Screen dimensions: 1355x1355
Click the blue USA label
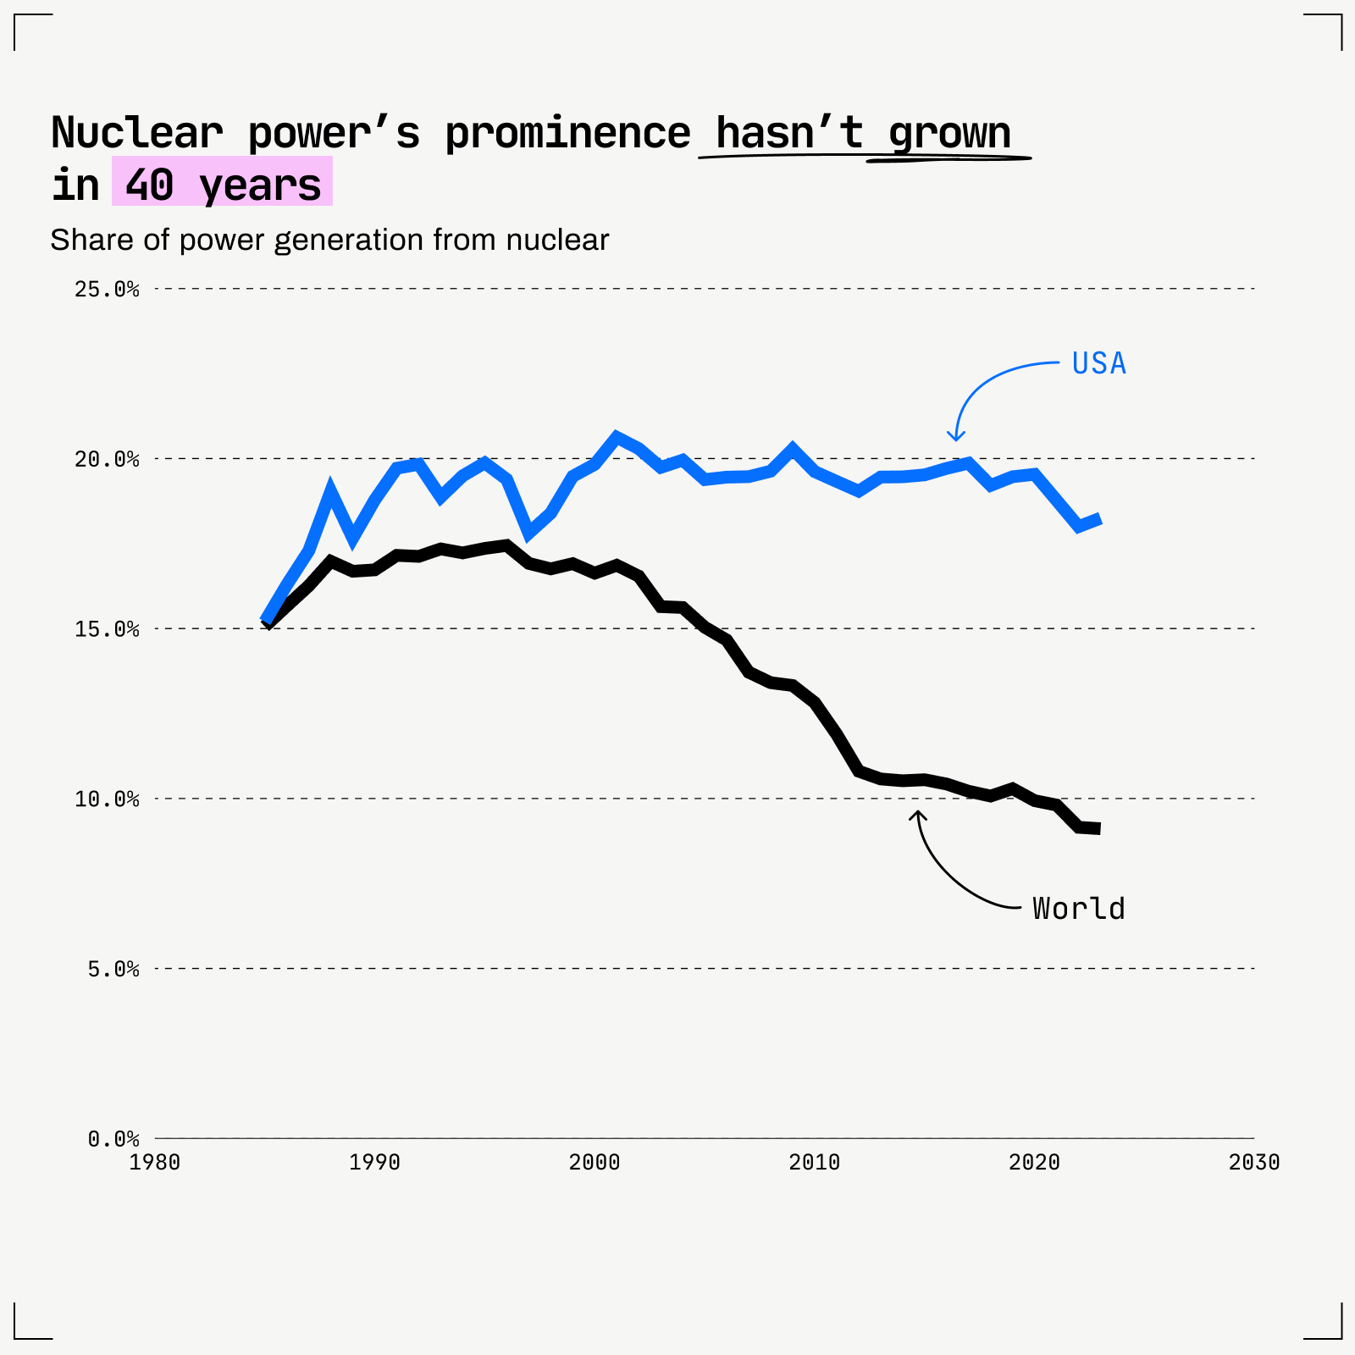[1098, 363]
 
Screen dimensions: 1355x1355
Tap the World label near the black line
[1078, 909]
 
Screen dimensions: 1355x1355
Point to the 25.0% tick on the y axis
[107, 290]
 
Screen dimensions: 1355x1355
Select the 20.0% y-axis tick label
[107, 459]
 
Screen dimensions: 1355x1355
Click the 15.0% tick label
[107, 629]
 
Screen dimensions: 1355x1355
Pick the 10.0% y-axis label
[107, 799]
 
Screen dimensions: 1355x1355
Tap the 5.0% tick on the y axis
[113, 969]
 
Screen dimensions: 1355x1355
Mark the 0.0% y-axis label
[113, 1139]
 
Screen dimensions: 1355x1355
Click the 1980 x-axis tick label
[155, 1163]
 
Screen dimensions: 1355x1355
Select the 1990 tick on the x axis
[374, 1163]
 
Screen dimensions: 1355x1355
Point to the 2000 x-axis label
[595, 1163]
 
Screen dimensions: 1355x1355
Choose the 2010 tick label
[814, 1163]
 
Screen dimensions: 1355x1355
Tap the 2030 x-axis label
[1254, 1163]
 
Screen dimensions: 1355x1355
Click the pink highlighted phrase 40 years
[222, 183]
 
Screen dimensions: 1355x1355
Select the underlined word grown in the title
[948, 133]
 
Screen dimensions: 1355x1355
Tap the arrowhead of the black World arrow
[918, 814]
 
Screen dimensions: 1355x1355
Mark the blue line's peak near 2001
[617, 436]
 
